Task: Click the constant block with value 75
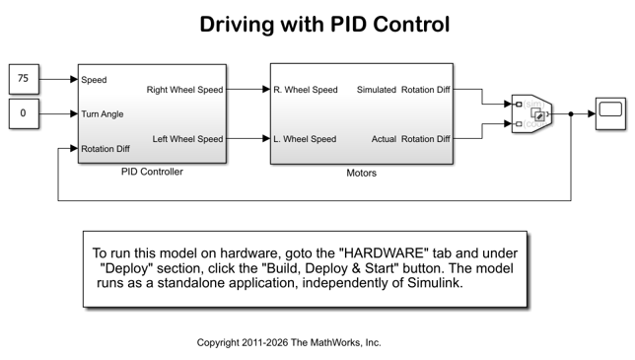24,79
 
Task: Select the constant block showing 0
24,113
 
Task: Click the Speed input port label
94,80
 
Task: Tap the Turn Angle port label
103,114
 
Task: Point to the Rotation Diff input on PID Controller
106,149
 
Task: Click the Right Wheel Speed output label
184,90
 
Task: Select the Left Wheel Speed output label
187,139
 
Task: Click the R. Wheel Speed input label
306,90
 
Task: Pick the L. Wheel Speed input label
305,139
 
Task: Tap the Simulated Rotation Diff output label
403,90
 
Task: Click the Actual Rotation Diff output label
410,139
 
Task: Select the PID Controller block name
152,172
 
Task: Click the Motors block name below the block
361,173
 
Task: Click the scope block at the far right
610,113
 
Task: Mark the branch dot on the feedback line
571,113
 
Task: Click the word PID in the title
348,24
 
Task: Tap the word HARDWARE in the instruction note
384,253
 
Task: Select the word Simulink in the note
435,282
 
